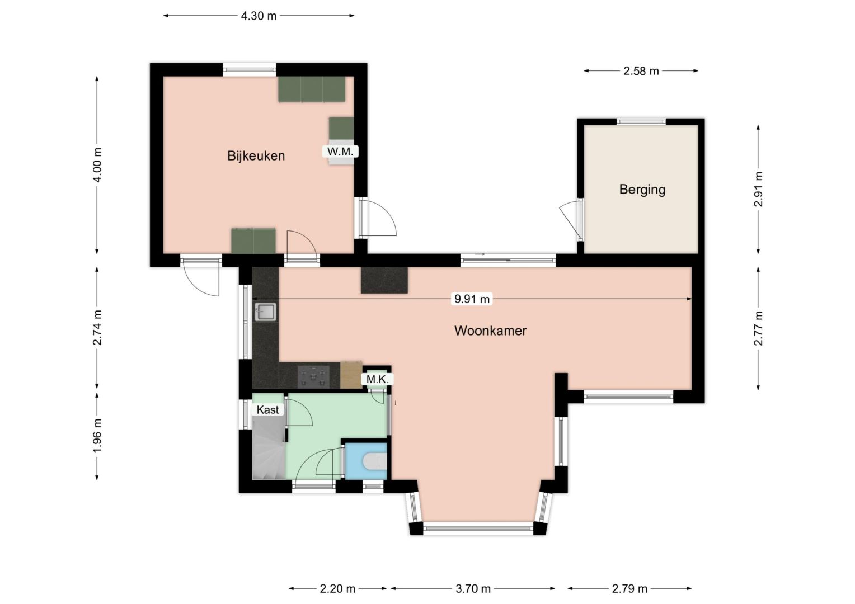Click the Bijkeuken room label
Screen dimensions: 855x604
click(x=256, y=155)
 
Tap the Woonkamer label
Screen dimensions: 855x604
click(x=490, y=331)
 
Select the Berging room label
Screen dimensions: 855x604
click(x=642, y=190)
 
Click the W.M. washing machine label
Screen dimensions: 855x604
click(x=340, y=152)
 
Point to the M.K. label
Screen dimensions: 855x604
click(x=377, y=379)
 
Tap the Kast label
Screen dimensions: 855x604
click(x=267, y=410)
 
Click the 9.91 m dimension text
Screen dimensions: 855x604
click(x=472, y=299)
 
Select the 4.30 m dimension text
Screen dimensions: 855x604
click(x=259, y=16)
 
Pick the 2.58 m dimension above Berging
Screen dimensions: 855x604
click(x=641, y=71)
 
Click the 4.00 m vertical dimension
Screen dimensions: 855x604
click(x=97, y=165)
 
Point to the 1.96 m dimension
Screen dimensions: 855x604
click(x=97, y=436)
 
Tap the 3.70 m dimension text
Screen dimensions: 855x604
click(x=473, y=589)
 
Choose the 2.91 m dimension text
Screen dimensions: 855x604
click(x=758, y=189)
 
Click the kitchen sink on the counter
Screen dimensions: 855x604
click(x=265, y=312)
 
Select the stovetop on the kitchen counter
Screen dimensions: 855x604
click(x=313, y=376)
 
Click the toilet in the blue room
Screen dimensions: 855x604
click(x=375, y=461)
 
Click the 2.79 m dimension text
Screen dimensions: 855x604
click(x=629, y=589)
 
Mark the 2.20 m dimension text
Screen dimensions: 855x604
click(x=337, y=589)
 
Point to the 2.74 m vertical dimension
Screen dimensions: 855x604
click(x=97, y=327)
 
